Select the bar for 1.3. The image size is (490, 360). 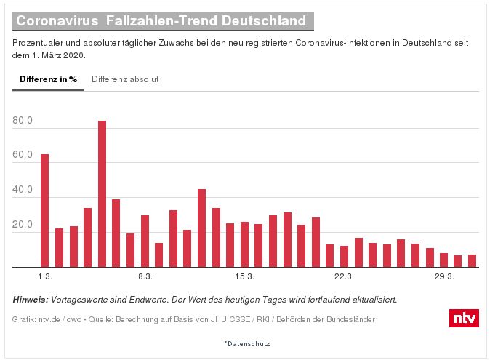(x=45, y=210)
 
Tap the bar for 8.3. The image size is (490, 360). (x=145, y=241)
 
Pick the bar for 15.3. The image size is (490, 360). (x=244, y=244)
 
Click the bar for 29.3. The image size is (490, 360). (x=443, y=260)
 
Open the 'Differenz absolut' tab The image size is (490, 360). (x=125, y=79)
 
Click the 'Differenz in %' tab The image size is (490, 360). (x=48, y=79)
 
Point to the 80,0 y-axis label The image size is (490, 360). (x=23, y=121)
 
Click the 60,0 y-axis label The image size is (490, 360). (x=23, y=156)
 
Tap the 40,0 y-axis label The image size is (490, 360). (x=23, y=191)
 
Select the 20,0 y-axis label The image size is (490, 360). (x=23, y=225)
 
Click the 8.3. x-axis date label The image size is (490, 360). (x=145, y=277)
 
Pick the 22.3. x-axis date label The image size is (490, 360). (x=344, y=277)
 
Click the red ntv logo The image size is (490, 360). (x=464, y=318)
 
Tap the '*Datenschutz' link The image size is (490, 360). (x=246, y=343)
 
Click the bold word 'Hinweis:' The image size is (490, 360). (x=31, y=300)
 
